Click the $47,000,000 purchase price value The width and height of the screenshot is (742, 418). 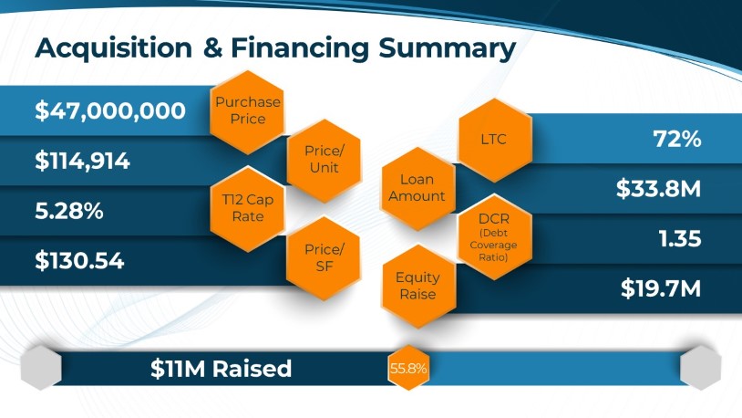point(110,111)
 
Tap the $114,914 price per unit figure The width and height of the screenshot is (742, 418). point(82,162)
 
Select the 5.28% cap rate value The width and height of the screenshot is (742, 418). point(69,211)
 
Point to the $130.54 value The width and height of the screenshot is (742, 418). point(79,261)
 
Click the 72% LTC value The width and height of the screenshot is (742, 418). point(676,139)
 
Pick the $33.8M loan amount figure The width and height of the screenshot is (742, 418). point(658,189)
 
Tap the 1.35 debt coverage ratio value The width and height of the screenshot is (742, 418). point(680,238)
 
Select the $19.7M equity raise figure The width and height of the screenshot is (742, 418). point(661,288)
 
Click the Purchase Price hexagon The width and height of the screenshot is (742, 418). point(247,112)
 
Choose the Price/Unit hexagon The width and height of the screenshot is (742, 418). point(324,161)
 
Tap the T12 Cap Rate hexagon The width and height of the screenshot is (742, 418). point(247,209)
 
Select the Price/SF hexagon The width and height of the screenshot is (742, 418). point(324,258)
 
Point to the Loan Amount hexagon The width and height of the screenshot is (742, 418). point(417,188)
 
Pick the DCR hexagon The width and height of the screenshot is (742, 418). point(495,236)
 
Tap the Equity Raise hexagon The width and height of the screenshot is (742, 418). point(417,286)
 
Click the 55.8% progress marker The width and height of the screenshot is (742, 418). point(408,368)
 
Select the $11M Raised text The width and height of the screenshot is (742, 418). point(221,369)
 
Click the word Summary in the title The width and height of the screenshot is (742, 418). point(447,48)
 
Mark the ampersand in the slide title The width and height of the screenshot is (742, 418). point(213,47)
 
